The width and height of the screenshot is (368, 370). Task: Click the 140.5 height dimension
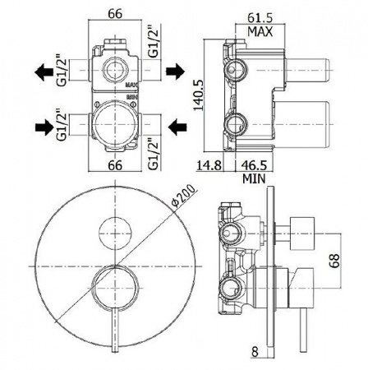[x=199, y=95]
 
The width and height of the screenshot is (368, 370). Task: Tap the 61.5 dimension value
[x=260, y=18]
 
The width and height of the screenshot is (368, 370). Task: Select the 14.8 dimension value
[x=209, y=165]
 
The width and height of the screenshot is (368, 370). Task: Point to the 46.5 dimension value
[x=254, y=165]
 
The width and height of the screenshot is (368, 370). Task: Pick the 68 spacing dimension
[x=334, y=260]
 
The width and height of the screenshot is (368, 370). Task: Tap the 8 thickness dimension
[x=255, y=352]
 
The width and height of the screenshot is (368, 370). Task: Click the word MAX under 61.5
[x=260, y=31]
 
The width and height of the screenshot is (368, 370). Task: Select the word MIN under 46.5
[x=254, y=178]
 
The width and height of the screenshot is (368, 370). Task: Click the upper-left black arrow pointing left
[x=44, y=72]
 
